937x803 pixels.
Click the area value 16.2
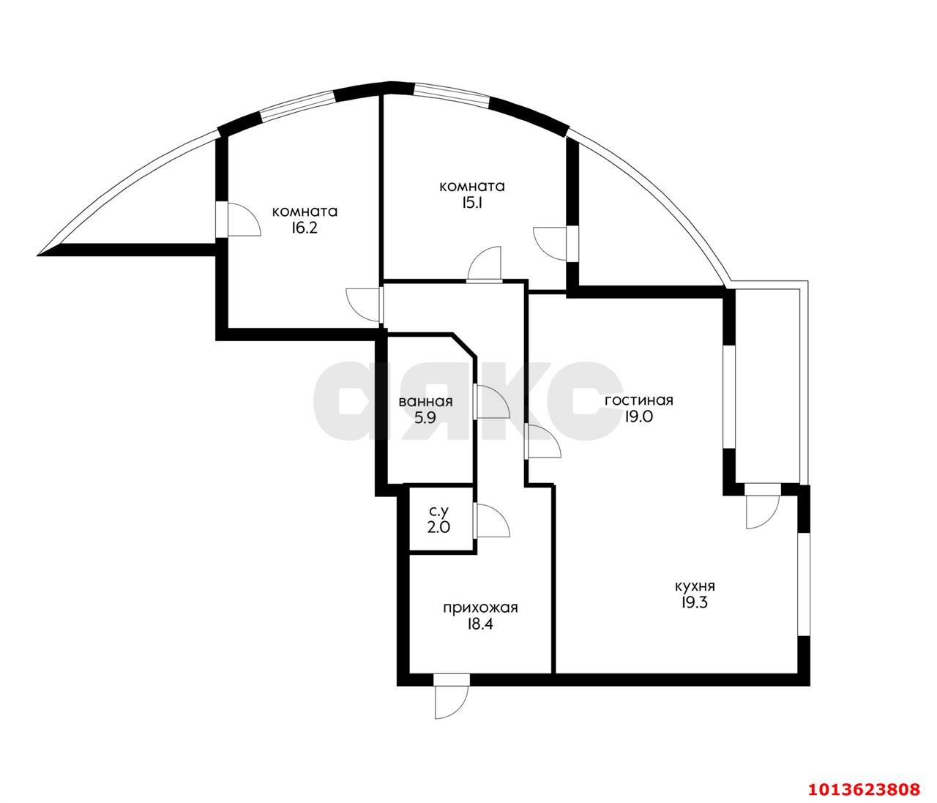coord(305,228)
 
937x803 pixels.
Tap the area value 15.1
coord(471,203)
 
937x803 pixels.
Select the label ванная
coord(425,402)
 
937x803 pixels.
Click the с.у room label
coord(439,511)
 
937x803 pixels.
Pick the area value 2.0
coord(439,527)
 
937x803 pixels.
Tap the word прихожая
coord(480,608)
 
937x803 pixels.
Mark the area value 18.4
coord(480,624)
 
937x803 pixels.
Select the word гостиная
coord(638,400)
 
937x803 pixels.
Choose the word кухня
coord(695,586)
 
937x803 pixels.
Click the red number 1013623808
coord(863,789)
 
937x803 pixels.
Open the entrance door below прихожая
coord(450,699)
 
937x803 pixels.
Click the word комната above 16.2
coord(305,212)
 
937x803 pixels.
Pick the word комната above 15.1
coord(471,187)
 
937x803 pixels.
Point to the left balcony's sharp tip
coord(40,255)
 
